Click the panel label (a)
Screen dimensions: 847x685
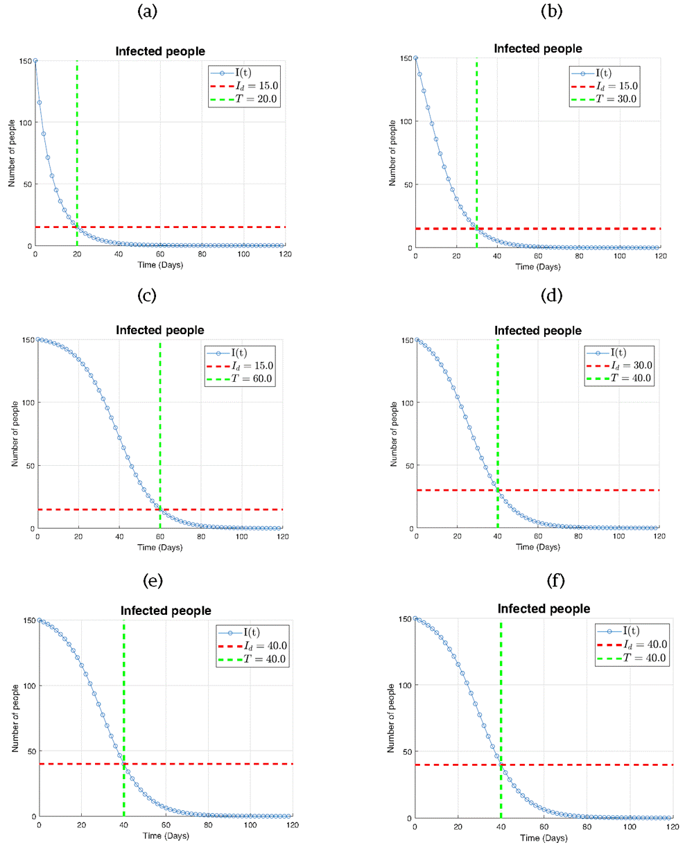(x=147, y=11)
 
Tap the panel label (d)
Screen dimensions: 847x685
(x=552, y=296)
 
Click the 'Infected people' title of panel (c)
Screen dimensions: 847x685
(x=160, y=331)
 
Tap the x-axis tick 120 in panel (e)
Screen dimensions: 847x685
(x=293, y=825)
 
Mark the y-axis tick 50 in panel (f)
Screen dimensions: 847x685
(x=403, y=751)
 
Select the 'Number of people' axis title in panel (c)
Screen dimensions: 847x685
(x=15, y=434)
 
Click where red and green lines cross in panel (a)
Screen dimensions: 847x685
(x=77, y=227)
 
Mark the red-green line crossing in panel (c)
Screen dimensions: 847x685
(x=160, y=509)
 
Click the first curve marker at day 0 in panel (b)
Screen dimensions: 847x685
(x=415, y=58)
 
